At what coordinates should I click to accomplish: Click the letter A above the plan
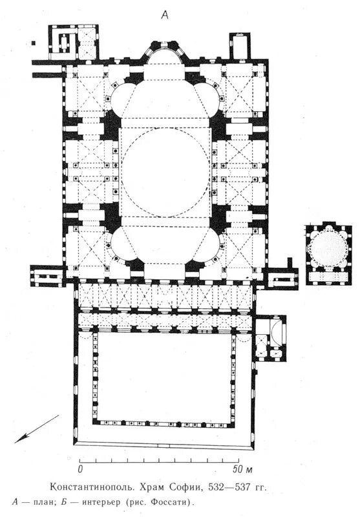(164, 15)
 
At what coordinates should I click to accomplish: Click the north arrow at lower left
(37, 428)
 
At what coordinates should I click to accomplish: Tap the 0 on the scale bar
(79, 469)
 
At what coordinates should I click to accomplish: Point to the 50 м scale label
(243, 469)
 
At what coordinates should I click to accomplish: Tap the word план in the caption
(44, 503)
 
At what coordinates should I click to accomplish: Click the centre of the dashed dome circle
(165, 173)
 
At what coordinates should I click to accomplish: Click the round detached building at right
(328, 247)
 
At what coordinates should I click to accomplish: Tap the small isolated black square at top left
(33, 43)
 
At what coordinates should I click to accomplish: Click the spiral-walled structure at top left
(63, 42)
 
